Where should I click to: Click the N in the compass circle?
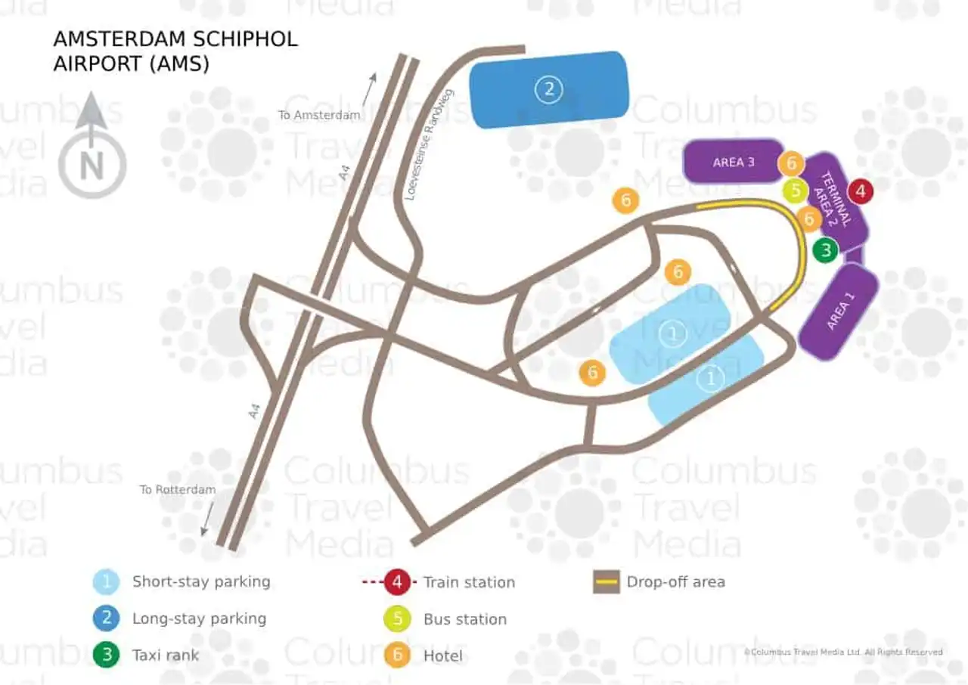[x=92, y=166]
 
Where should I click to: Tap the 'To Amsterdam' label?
[x=318, y=115]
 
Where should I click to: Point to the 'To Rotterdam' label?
[x=177, y=489]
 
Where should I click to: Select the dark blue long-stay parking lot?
[x=549, y=90]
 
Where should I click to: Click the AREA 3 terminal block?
[x=733, y=162]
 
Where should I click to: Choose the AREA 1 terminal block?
[x=839, y=312]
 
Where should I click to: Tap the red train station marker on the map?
[x=861, y=191]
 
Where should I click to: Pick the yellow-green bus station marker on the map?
[x=795, y=191]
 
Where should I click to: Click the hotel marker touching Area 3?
[x=791, y=163]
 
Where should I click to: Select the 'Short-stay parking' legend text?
[x=201, y=581]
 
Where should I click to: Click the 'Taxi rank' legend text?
[x=166, y=655]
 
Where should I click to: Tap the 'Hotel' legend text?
[x=443, y=656]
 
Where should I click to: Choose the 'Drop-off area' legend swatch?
[x=607, y=582]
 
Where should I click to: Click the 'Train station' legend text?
[x=469, y=582]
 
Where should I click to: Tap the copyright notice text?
[x=843, y=652]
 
